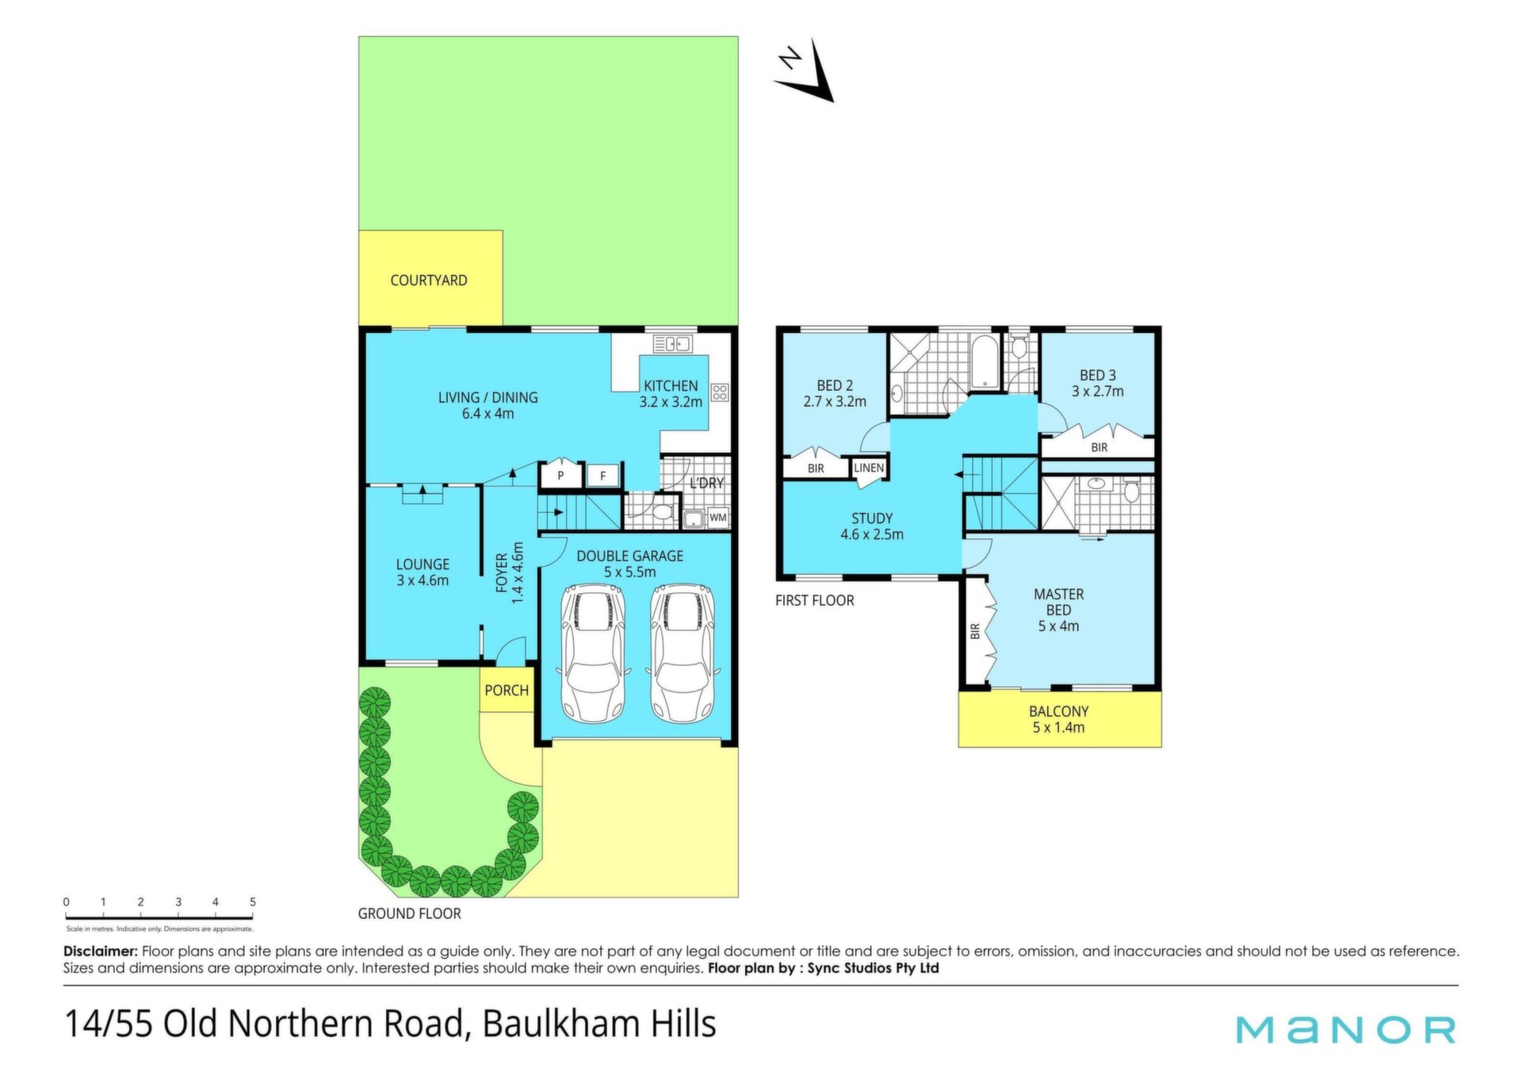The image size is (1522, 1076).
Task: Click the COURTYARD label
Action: pos(428,280)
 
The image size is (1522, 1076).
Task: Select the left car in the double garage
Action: pos(593,653)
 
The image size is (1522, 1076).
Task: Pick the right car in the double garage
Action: pos(683,653)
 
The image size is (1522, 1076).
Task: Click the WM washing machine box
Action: pos(717,517)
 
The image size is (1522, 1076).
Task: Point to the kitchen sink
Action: pos(672,343)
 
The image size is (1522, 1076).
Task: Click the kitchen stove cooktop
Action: pos(720,392)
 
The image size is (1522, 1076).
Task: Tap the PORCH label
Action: pos(507,690)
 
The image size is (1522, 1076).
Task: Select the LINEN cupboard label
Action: pos(869,468)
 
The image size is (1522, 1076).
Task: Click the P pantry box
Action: pos(560,475)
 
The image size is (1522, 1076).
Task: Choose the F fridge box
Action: pos(603,476)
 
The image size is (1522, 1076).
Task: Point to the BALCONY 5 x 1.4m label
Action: pos(1059,719)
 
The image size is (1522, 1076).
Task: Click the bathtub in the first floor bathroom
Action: pos(985,362)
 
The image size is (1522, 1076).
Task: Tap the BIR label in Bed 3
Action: pos(1099,447)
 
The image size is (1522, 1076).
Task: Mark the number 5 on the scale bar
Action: pos(253,902)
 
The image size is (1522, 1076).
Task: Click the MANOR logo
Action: pos(1346,1029)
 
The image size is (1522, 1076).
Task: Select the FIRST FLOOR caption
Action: pos(815,600)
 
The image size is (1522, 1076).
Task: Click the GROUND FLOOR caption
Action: pos(409,913)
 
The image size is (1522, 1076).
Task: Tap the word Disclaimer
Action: pos(101,951)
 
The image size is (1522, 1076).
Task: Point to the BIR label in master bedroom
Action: pos(975,631)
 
